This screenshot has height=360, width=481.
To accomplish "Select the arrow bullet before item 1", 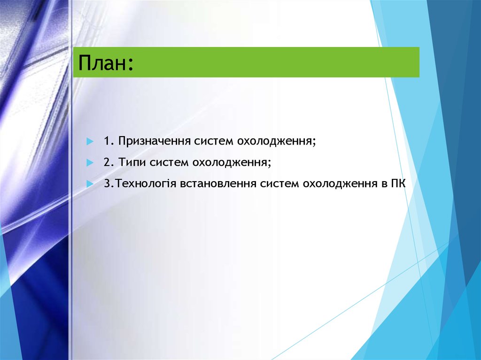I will coord(90,141).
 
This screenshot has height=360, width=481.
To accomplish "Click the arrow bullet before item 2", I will coord(90,163).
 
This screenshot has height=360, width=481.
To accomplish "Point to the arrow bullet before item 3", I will coord(90,184).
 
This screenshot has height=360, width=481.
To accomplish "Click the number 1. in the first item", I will coord(109,141).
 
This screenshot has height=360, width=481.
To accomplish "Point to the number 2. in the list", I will coord(109,163).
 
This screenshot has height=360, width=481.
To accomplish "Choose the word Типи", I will coord(132,163).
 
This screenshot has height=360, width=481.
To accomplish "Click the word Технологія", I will coord(146,184).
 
